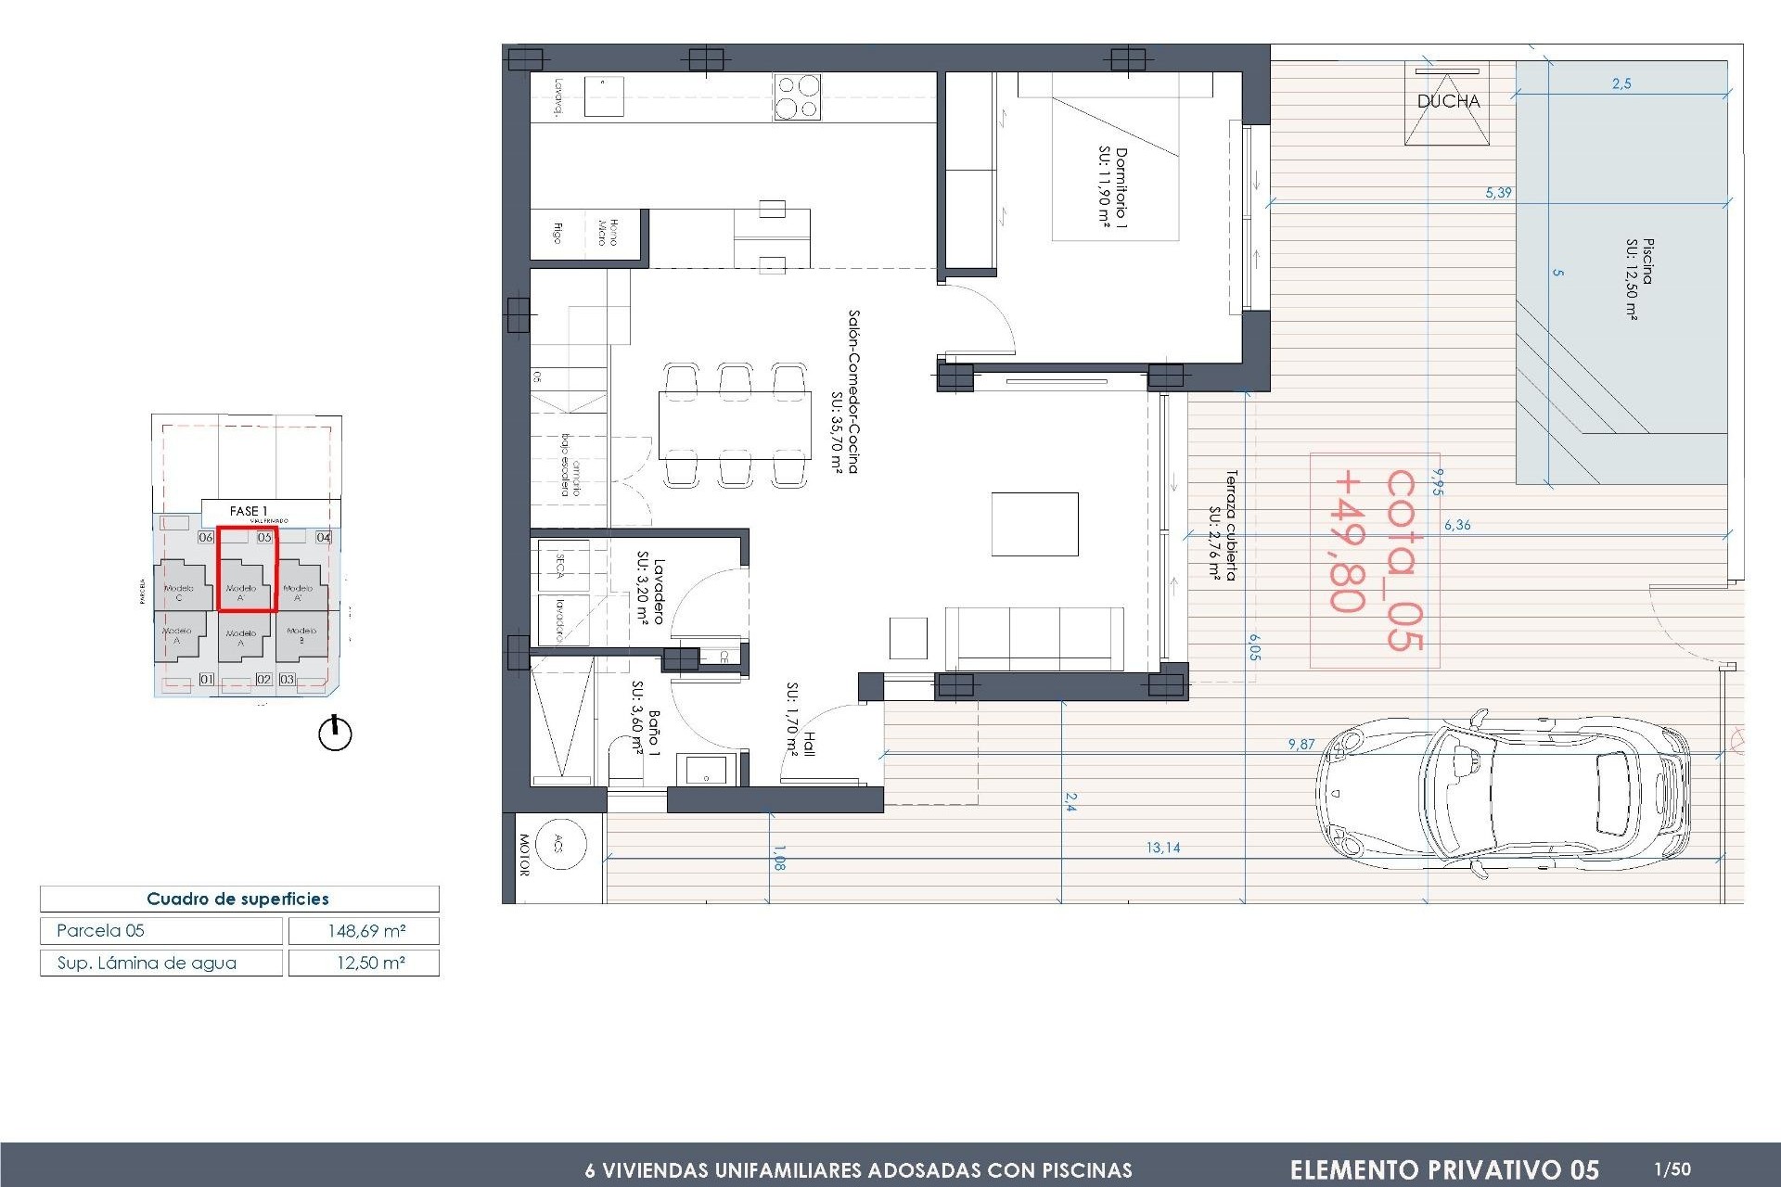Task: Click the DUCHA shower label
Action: pyautogui.click(x=1448, y=101)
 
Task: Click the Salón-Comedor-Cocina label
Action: pyautogui.click(x=846, y=391)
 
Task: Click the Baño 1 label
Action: pyautogui.click(x=645, y=721)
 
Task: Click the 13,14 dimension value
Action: pyautogui.click(x=1162, y=848)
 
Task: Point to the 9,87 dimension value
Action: pyautogui.click(x=1301, y=744)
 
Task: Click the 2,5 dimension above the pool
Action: pyautogui.click(x=1621, y=83)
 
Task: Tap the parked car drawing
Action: pyautogui.click(x=1503, y=794)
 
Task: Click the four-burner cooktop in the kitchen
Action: pyautogui.click(x=797, y=97)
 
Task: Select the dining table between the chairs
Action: pyautogui.click(x=733, y=426)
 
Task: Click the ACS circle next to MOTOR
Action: pyautogui.click(x=560, y=844)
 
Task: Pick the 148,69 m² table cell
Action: pyautogui.click(x=365, y=931)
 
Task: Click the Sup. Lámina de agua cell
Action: pyautogui.click(x=160, y=964)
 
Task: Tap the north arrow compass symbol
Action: pyautogui.click(x=335, y=734)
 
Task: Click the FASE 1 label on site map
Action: pyautogui.click(x=249, y=511)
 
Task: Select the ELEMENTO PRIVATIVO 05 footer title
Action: pyautogui.click(x=1443, y=1169)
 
